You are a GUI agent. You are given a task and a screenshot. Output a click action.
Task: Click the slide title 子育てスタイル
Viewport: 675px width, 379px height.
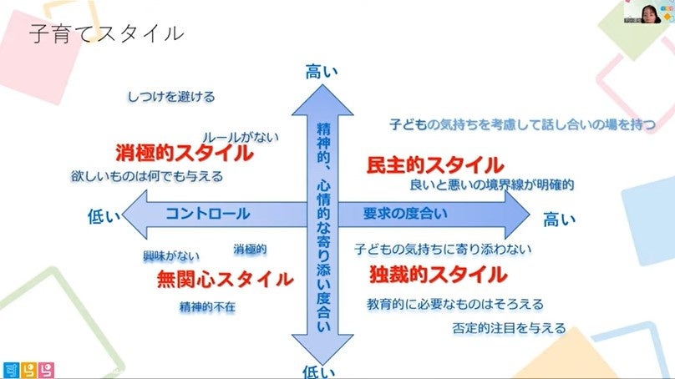pos(106,34)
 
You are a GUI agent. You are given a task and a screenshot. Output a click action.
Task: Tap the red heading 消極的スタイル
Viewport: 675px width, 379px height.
pos(184,154)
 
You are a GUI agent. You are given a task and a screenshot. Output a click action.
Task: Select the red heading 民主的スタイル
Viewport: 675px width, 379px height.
pos(435,164)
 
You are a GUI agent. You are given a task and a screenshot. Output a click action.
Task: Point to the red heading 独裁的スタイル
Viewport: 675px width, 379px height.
pos(437,273)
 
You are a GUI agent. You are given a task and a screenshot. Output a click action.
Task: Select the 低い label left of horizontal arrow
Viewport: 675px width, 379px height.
pos(104,216)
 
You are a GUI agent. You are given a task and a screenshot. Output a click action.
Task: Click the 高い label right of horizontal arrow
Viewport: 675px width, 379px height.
pos(560,220)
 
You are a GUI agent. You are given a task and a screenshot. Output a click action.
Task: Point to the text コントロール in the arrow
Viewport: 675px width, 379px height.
pos(207,214)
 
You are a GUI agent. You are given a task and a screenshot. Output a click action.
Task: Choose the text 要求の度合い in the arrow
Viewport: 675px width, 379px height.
pos(404,213)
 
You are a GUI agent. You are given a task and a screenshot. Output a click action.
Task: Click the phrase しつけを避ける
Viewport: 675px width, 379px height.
pos(171,97)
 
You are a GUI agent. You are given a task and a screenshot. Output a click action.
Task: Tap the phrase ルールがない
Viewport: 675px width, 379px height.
pos(241,136)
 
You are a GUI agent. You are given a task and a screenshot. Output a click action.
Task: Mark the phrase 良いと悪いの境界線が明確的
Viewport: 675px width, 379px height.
pos(492,184)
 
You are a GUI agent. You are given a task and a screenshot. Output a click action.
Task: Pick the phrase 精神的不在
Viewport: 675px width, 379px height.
pos(207,306)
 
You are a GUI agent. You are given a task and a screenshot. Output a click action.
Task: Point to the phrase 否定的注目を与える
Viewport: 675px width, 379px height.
pos(508,327)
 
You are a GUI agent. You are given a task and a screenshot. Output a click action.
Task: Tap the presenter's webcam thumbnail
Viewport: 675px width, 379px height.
pos(648,17)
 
